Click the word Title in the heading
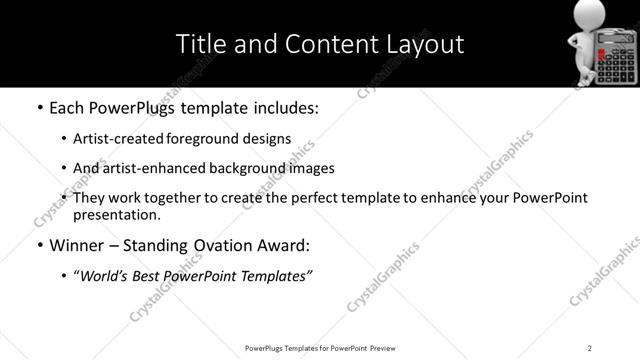199,44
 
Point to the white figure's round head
585,18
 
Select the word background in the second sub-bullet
255,168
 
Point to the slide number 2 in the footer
590,347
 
